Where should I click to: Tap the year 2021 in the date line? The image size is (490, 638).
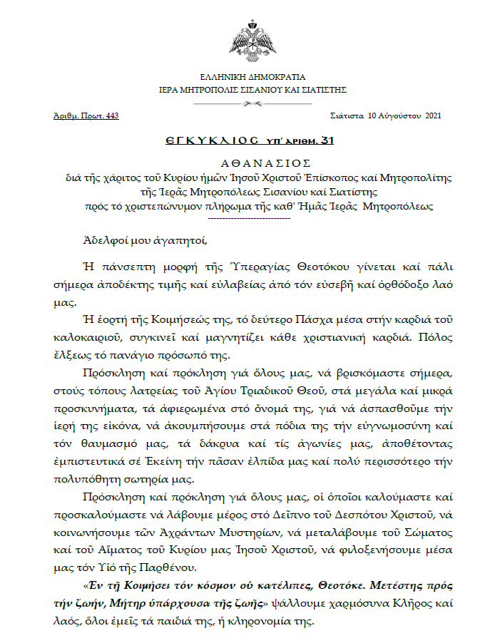click(433, 115)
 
